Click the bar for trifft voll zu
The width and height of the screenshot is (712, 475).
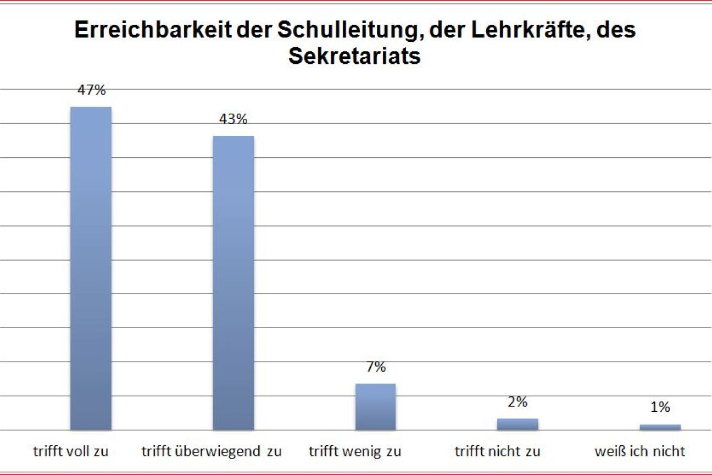click(x=91, y=268)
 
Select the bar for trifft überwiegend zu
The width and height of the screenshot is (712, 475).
click(x=233, y=283)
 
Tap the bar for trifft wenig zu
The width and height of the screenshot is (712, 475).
click(x=376, y=407)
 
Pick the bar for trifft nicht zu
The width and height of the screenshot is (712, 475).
click(x=518, y=424)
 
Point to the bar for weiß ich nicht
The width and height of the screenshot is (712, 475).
click(x=660, y=427)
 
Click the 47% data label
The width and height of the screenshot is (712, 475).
click(x=91, y=90)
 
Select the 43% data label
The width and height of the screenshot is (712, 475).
click(x=233, y=119)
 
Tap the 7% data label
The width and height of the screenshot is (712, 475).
click(x=376, y=367)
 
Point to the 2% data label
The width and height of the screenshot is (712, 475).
click(x=518, y=402)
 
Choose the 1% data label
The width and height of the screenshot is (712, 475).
click(x=660, y=407)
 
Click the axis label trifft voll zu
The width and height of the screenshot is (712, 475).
click(x=71, y=452)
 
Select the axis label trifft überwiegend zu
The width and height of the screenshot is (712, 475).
click(x=212, y=452)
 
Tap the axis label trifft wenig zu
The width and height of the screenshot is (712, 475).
click(x=355, y=452)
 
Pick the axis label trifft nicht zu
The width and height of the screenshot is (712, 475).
click(x=498, y=452)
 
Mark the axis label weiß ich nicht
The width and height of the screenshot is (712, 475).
click(x=640, y=452)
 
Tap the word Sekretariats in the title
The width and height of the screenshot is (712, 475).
click(x=355, y=57)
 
